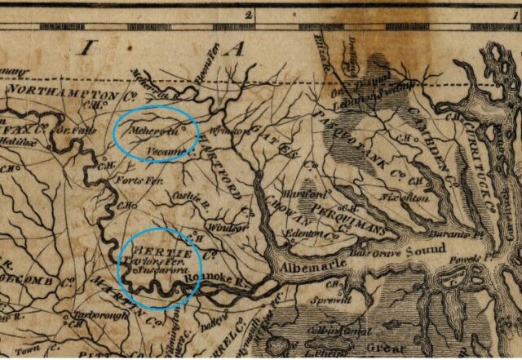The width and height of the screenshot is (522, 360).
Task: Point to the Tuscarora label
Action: click(159, 268)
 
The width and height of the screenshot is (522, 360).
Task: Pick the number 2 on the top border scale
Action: click(246, 14)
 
